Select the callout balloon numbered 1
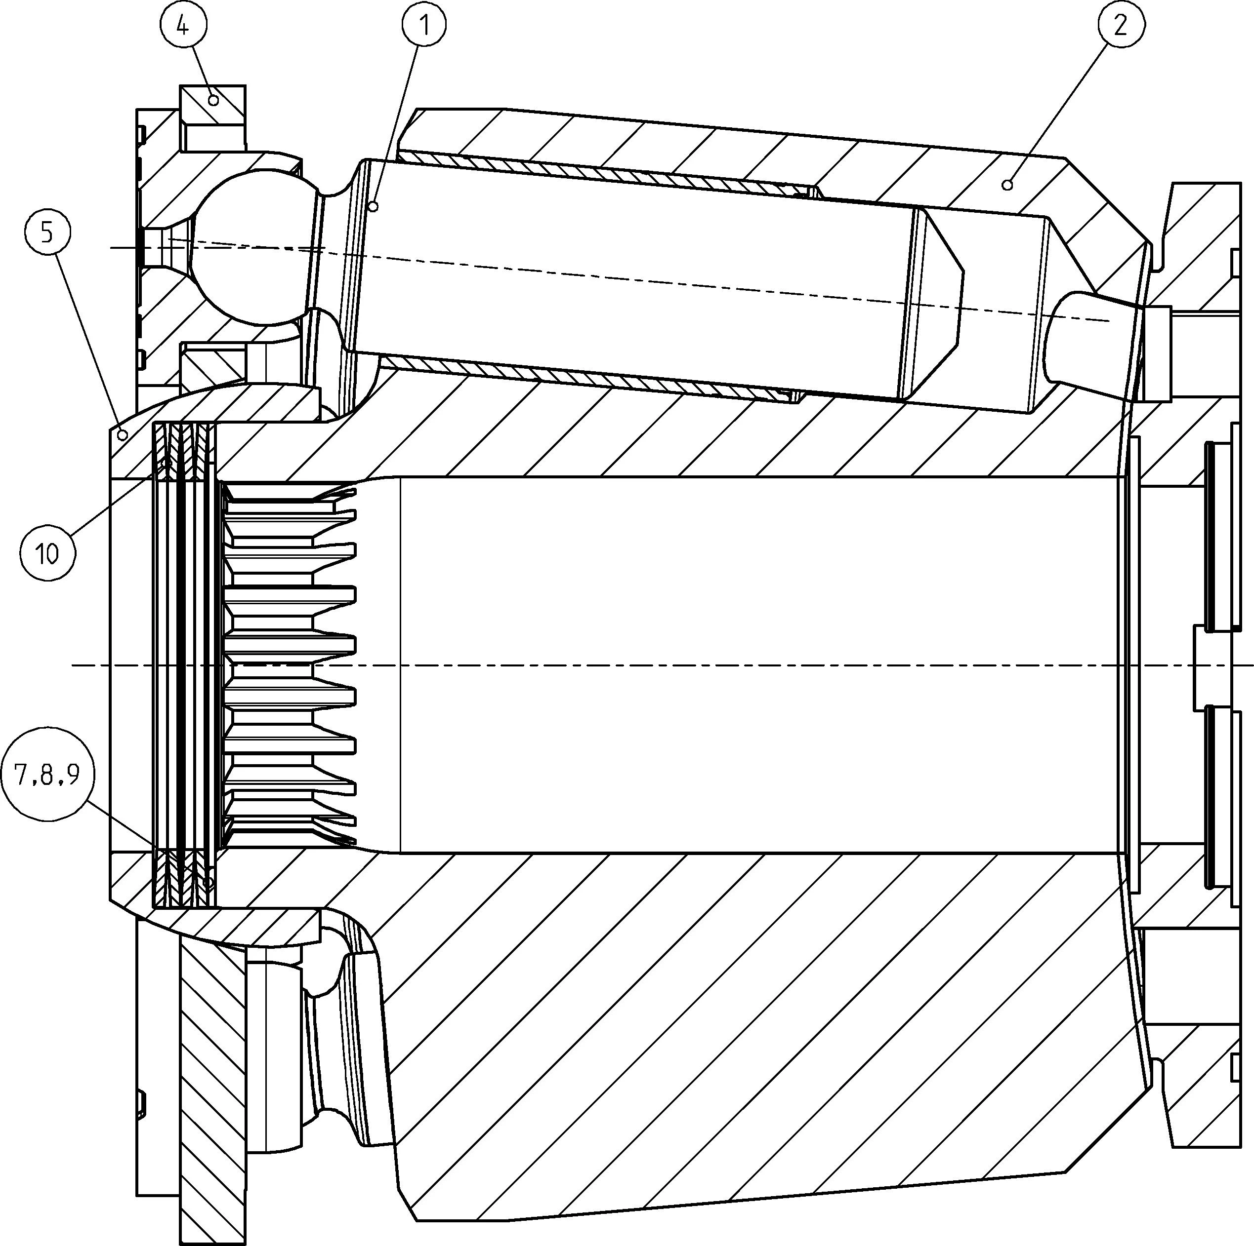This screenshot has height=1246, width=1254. tap(424, 25)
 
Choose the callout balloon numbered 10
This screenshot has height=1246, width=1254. tap(47, 552)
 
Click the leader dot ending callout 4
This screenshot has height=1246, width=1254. tap(213, 100)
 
